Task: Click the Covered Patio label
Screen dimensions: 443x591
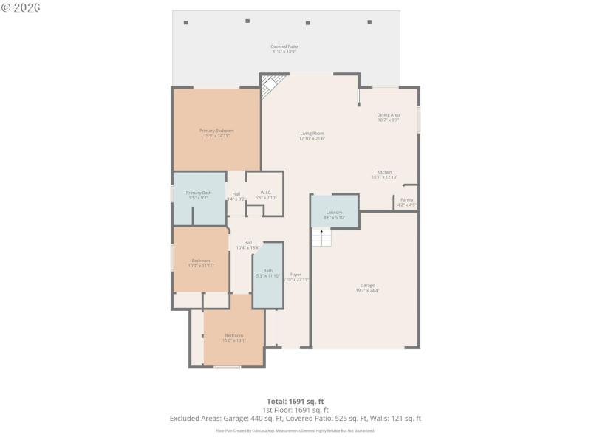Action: point(284,49)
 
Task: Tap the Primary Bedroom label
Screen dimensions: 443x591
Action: point(216,133)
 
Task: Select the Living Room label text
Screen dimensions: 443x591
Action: point(312,136)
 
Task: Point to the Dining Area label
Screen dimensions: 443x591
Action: point(389,117)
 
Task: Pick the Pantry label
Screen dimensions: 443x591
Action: point(406,202)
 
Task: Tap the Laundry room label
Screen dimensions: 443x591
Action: point(334,215)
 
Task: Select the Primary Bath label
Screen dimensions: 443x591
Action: point(199,195)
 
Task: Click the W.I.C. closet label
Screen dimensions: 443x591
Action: point(265,195)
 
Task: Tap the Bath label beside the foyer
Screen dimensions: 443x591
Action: point(267,273)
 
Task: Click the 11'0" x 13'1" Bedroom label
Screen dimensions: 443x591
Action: point(233,338)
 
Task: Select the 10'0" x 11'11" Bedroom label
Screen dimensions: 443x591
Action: point(201,262)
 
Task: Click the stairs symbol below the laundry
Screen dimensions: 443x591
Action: point(321,238)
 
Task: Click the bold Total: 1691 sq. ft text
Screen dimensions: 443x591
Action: point(295,401)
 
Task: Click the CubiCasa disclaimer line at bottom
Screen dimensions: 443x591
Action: point(295,430)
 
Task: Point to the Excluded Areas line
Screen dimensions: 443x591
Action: point(295,418)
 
